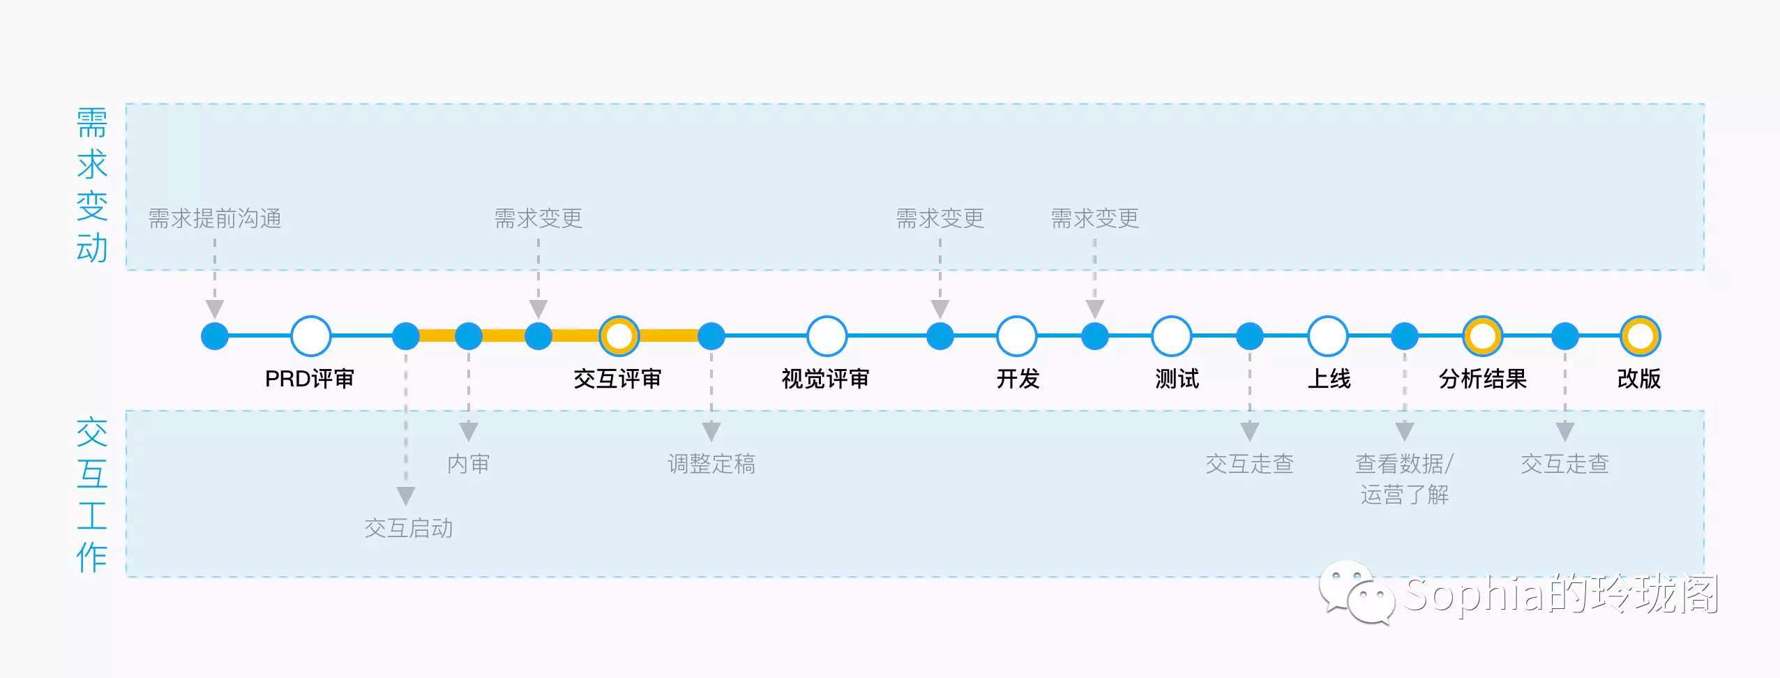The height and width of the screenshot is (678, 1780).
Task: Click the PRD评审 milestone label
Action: pyautogui.click(x=310, y=379)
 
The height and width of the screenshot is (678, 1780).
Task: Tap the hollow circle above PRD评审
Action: pyautogui.click(x=310, y=336)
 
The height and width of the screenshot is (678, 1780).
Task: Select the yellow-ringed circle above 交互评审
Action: pyautogui.click(x=619, y=336)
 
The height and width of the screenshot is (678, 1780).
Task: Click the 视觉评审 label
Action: pyautogui.click(x=825, y=379)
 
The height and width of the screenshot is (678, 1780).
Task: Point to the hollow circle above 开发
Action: pyautogui.click(x=1017, y=336)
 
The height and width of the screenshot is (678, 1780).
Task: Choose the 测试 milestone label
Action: pyautogui.click(x=1177, y=379)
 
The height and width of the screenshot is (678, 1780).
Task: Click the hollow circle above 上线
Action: pyautogui.click(x=1327, y=336)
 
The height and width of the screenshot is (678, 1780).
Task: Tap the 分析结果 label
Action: pyautogui.click(x=1483, y=379)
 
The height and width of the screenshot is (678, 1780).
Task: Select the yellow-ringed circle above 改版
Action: pyautogui.click(x=1640, y=336)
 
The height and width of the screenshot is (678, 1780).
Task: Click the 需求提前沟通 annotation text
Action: pyautogui.click(x=215, y=218)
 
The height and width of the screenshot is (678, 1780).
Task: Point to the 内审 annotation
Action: pyautogui.click(x=469, y=464)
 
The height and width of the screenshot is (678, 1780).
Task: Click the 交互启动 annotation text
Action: pyautogui.click(x=409, y=528)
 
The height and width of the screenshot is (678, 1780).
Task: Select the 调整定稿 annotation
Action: pyautogui.click(x=711, y=464)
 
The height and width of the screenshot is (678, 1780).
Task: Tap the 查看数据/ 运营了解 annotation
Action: pyautogui.click(x=1404, y=479)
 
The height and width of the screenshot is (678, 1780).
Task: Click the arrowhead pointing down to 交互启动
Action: pyautogui.click(x=406, y=496)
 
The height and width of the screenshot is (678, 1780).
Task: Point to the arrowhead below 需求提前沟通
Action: pyautogui.click(x=215, y=308)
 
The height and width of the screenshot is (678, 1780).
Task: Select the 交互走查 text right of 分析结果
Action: pyautogui.click(x=1564, y=464)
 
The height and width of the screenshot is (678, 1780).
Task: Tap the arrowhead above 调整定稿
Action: pyautogui.click(x=711, y=431)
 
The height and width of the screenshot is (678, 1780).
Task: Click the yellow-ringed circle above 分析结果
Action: pyautogui.click(x=1482, y=336)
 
